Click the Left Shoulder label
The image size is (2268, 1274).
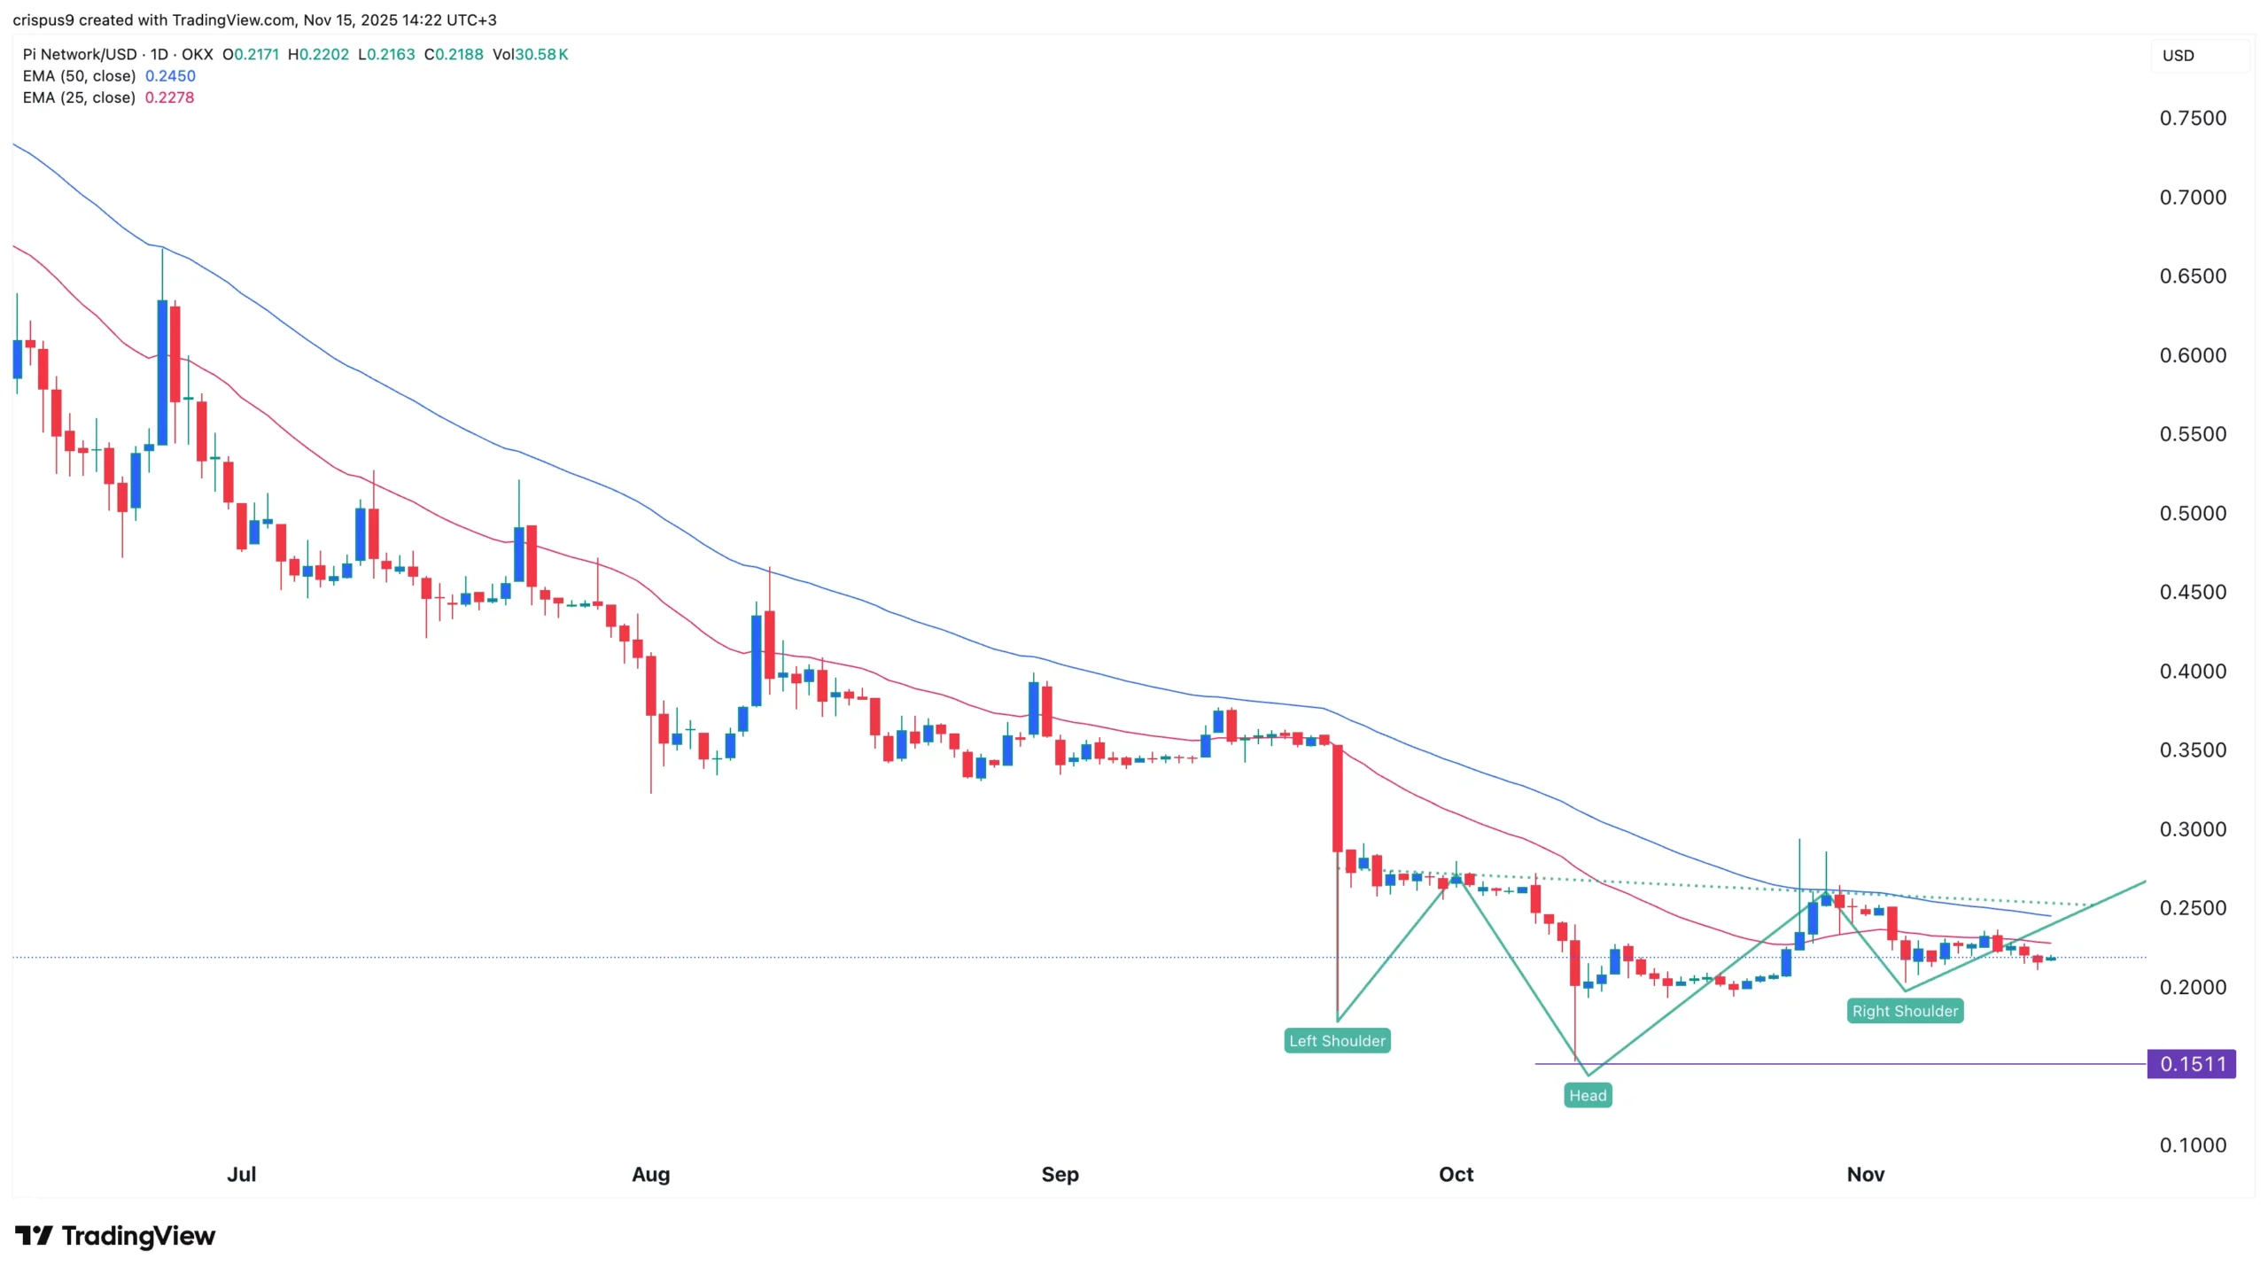click(1337, 1040)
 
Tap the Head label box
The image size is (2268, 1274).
click(1587, 1095)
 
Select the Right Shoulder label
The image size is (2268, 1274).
click(1905, 1011)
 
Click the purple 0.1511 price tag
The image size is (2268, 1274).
click(2191, 1063)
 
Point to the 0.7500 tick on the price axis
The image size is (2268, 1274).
click(2192, 119)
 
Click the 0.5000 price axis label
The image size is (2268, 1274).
click(2192, 514)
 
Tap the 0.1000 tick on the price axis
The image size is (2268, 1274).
click(2192, 1146)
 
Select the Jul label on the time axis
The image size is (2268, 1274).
click(241, 1174)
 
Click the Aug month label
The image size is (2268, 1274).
click(650, 1174)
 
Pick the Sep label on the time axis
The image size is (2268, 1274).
click(1060, 1174)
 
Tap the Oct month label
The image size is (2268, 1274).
click(1456, 1174)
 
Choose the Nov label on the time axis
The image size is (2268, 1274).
click(1865, 1174)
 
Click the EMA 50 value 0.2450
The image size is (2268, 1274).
click(170, 76)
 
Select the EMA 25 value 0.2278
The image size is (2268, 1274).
click(169, 97)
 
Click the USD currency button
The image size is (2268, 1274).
click(2179, 56)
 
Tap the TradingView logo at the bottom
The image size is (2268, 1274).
click(115, 1236)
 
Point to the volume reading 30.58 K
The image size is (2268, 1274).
click(540, 55)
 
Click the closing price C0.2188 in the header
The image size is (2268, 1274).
click(454, 55)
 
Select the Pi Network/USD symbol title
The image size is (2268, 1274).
click(80, 55)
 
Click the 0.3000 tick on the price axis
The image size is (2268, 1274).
click(2192, 829)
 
